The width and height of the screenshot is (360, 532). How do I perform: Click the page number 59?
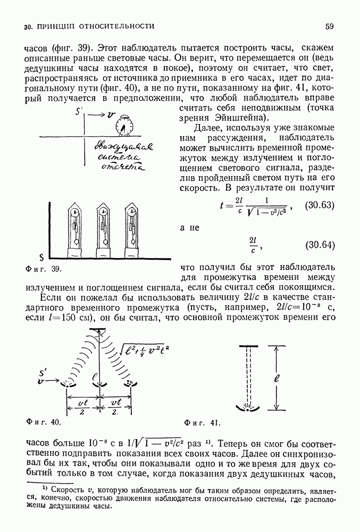pos(329,26)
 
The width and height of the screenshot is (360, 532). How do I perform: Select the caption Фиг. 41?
pos(202,423)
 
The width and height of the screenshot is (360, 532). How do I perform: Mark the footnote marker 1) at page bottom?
pos(38,486)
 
